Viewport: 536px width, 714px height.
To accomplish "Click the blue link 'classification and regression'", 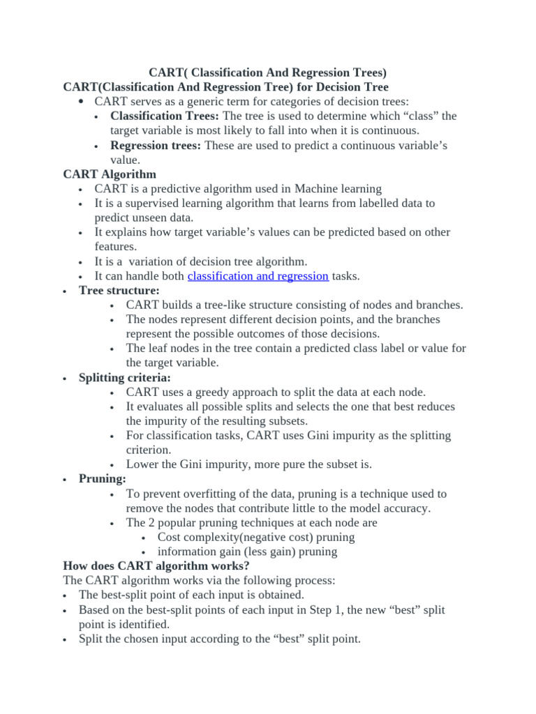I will pos(258,276).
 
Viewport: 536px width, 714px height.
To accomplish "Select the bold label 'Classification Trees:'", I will pos(165,116).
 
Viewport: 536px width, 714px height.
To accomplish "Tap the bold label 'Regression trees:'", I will pos(156,145).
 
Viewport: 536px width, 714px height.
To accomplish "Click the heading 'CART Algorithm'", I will pos(110,174).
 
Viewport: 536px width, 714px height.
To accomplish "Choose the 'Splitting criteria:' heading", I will pos(124,377).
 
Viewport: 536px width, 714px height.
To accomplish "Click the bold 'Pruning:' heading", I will pos(103,479).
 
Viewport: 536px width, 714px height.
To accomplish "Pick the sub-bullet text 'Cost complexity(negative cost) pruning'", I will pos(256,537).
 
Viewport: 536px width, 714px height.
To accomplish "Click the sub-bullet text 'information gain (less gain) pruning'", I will pos(247,552).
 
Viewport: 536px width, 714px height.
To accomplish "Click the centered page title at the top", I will pos(268,73).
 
